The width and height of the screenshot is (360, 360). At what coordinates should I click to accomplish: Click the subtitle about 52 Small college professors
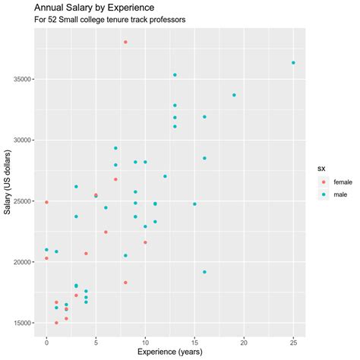pos(110,19)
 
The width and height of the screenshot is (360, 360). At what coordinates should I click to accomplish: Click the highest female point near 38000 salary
pos(125,42)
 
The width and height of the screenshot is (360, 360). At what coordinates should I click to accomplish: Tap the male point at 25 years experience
pos(293,63)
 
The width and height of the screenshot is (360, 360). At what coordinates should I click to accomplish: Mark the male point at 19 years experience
pos(234,95)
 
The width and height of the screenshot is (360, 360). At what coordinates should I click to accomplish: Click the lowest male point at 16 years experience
pos(204,272)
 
